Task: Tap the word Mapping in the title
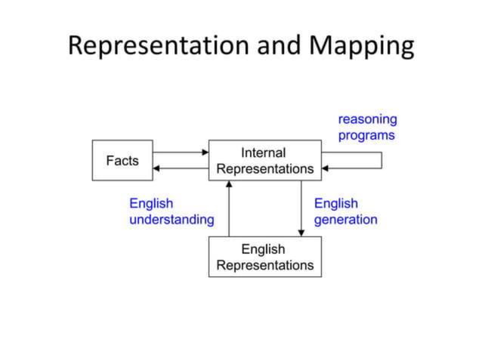[360, 46]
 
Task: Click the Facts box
[122, 160]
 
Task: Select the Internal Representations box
[264, 160]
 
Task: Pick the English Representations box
[264, 257]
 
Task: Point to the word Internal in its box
[264, 153]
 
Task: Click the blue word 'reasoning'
[367, 119]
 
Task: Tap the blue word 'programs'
[366, 136]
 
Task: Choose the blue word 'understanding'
[171, 220]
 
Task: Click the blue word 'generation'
[345, 220]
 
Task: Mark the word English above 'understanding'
[151, 203]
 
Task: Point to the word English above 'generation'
[335, 203]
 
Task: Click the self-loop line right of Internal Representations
[381, 160]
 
